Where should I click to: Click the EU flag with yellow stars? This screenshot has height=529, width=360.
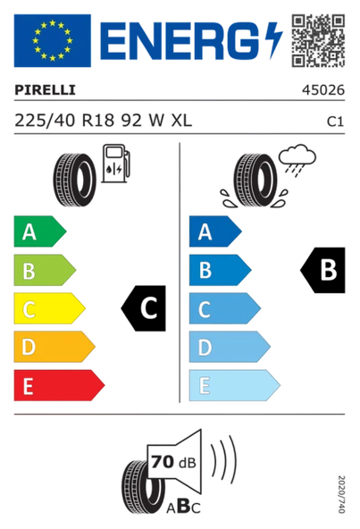tap(51, 40)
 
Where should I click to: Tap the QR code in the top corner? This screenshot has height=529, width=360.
tap(318, 39)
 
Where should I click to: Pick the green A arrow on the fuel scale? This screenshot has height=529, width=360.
tap(38, 232)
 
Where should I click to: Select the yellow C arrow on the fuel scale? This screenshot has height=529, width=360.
tap(46, 309)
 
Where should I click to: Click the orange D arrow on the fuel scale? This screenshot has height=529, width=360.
tap(52, 347)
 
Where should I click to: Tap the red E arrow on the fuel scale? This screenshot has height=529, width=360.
tap(56, 385)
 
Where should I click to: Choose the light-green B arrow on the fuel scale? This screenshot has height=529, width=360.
tap(42, 271)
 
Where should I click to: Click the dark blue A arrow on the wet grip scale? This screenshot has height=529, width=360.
tap(213, 232)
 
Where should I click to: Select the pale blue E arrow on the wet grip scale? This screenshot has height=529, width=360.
tap(231, 385)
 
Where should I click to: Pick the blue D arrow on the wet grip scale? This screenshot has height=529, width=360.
tap(227, 347)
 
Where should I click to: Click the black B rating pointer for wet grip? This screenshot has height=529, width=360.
tap(322, 267)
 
